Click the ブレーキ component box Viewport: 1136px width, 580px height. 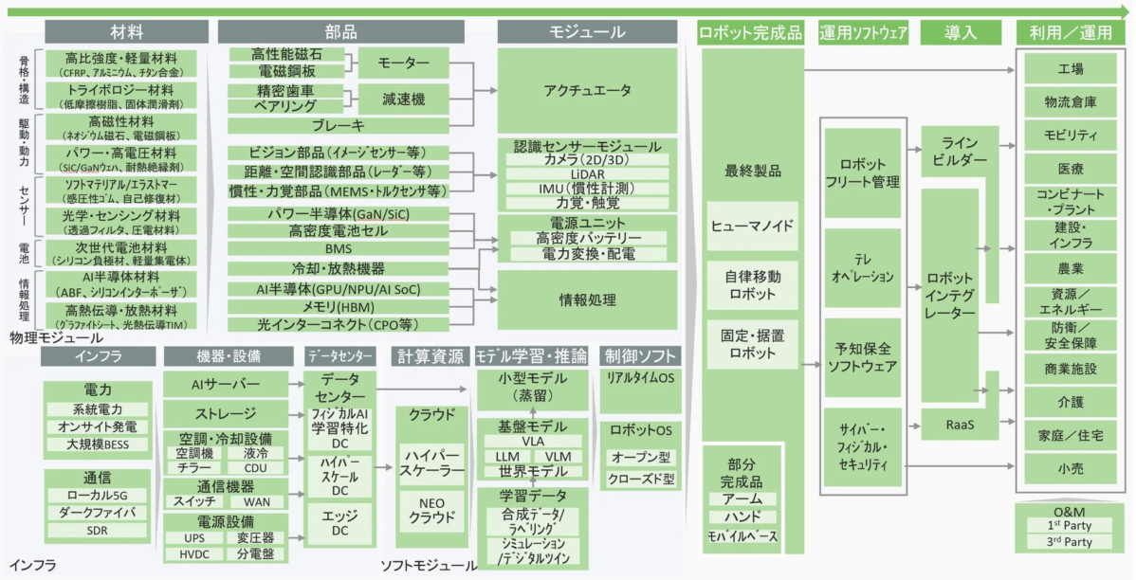pyautogui.click(x=338, y=125)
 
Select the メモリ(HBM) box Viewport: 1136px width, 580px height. pyautogui.click(x=338, y=307)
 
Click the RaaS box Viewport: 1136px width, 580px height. pyautogui.click(x=961, y=426)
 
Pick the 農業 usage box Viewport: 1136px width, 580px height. pyautogui.click(x=1070, y=267)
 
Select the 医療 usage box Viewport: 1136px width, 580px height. pyautogui.click(x=1070, y=168)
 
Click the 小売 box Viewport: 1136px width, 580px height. pyautogui.click(x=1070, y=468)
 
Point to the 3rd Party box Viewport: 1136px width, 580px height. pyautogui.click(x=1069, y=542)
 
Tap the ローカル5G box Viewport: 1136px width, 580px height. pyautogui.click(x=97, y=495)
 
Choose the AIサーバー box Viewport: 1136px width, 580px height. pyautogui.click(x=226, y=384)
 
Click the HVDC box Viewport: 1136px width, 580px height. pyautogui.click(x=194, y=553)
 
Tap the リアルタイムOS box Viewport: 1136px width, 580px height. pyautogui.click(x=640, y=377)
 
